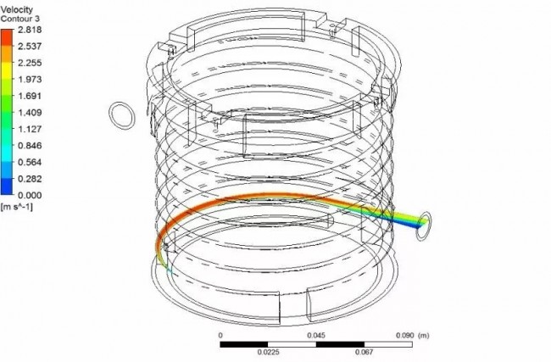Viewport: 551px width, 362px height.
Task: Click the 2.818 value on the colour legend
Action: pyautogui.click(x=30, y=30)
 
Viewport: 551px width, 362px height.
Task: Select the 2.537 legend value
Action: pyautogui.click(x=30, y=46)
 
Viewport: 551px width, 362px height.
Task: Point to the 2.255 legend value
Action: pyautogui.click(x=30, y=63)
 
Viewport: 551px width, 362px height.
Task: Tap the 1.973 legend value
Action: pyautogui.click(x=30, y=79)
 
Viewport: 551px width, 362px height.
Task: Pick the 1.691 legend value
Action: pyautogui.click(x=30, y=96)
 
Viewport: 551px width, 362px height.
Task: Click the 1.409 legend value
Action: pyautogui.click(x=30, y=113)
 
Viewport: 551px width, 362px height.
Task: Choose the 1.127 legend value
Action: pyautogui.click(x=30, y=129)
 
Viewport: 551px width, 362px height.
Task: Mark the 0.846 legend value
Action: pyautogui.click(x=30, y=146)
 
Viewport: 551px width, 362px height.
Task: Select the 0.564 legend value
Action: pyautogui.click(x=30, y=162)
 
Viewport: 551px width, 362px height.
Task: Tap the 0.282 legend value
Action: pyautogui.click(x=30, y=179)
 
